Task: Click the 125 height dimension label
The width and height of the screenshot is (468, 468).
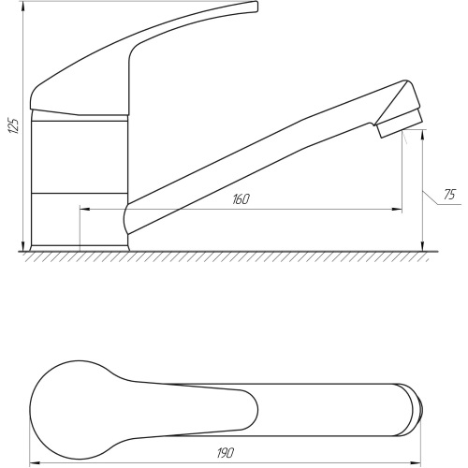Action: coord(14,125)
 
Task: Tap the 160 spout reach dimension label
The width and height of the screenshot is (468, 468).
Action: coord(241,199)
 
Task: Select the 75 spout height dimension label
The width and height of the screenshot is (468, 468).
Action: coord(449,195)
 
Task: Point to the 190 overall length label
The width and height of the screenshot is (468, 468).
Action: coord(226,453)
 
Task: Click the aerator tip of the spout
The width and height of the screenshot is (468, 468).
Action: coord(400,124)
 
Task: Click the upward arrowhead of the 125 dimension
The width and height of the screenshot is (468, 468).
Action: coord(23,7)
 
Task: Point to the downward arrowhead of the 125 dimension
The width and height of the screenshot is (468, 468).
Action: coord(23,246)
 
